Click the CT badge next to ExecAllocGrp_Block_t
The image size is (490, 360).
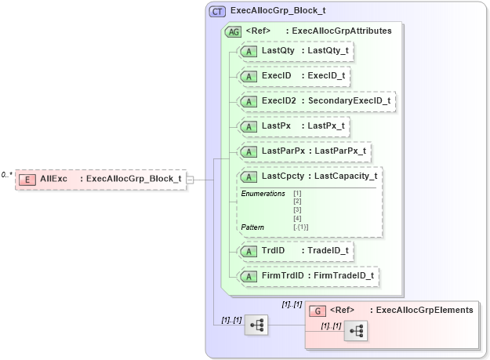217,12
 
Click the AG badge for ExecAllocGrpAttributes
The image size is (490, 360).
233,31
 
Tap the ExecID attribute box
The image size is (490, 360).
294,76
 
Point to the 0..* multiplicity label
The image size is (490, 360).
7,174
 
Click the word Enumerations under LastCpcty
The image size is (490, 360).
263,194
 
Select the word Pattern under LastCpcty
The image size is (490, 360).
252,227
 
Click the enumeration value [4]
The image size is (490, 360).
297,219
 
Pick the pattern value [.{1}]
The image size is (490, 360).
301,227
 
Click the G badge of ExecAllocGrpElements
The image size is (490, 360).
318,311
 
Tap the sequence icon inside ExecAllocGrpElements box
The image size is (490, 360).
356,332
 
